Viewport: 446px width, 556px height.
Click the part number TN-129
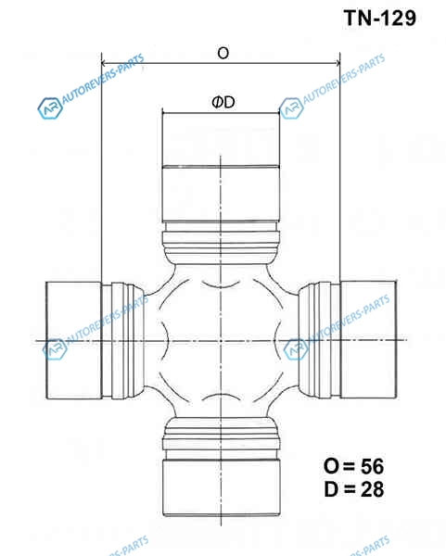coord(379,18)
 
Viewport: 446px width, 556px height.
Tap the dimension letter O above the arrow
coord(223,53)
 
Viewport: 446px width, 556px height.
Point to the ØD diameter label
coord(223,103)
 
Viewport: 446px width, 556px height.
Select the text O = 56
coord(353,466)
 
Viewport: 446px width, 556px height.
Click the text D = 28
coord(354,489)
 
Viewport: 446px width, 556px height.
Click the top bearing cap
coord(221,166)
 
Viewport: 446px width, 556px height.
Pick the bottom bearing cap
coord(222,488)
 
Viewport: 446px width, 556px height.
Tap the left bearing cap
coord(74,340)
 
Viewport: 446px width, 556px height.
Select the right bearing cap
coord(368,339)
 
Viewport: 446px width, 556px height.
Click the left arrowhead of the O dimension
coord(104,63)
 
